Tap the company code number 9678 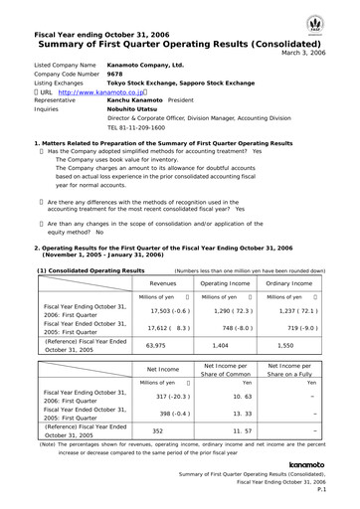click(x=114, y=74)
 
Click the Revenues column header click(x=162, y=283)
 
